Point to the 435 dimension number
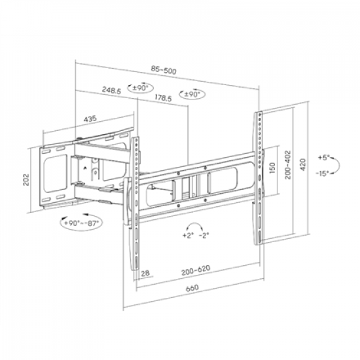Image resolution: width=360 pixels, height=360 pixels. tap(90, 118)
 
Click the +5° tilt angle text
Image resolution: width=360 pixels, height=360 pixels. tap(326, 158)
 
